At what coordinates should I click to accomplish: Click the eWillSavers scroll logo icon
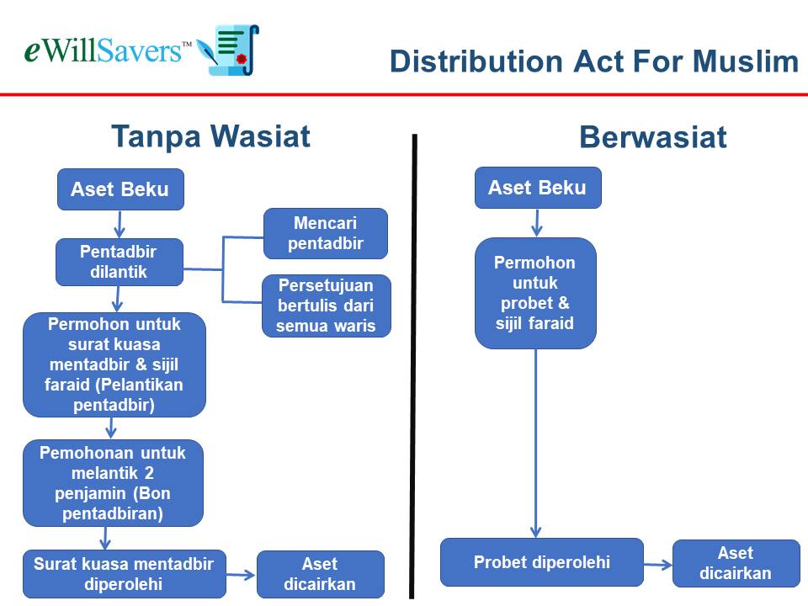[x=228, y=50]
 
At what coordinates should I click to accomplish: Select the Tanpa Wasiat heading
[x=210, y=136]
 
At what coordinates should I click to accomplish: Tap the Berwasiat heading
[x=653, y=137]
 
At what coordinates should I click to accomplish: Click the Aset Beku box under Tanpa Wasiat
[x=120, y=189]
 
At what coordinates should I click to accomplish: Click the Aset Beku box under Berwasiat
[x=538, y=188]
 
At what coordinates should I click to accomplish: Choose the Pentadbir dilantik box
[x=120, y=262]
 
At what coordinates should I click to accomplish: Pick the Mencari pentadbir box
[x=326, y=233]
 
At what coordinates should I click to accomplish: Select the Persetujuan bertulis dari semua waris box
[x=327, y=306]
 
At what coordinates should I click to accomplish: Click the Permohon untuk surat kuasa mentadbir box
[x=114, y=364]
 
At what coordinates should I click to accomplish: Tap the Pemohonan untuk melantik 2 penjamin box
[x=114, y=483]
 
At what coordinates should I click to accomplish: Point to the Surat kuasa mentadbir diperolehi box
[x=125, y=574]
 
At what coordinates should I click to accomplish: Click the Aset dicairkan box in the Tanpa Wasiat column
[x=321, y=574]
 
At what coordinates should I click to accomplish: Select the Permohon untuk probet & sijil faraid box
[x=535, y=293]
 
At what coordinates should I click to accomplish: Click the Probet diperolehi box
[x=542, y=562]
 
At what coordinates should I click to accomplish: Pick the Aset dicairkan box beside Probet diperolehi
[x=736, y=563]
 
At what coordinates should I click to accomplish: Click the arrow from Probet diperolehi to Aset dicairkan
[x=658, y=566]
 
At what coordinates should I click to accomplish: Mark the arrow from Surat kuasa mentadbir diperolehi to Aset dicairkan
[x=241, y=575]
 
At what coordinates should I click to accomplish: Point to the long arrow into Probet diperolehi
[x=535, y=444]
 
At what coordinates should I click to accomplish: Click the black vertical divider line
[x=413, y=366]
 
